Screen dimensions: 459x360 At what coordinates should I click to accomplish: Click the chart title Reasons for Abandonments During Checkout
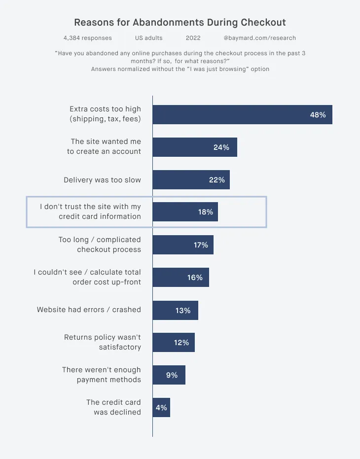180,23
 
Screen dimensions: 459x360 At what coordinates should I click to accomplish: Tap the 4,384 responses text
88,38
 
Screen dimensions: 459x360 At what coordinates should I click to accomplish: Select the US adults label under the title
148,38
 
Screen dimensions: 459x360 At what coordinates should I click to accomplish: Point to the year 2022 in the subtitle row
193,38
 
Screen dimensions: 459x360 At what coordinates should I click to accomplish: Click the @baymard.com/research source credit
259,38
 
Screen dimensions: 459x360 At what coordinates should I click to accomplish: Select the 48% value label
318,115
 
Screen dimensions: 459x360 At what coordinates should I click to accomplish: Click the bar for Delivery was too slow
191,180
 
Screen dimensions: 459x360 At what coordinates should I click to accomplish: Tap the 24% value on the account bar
221,147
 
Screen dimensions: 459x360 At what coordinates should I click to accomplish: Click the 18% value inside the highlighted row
205,212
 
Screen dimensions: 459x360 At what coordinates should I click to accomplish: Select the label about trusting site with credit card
90,212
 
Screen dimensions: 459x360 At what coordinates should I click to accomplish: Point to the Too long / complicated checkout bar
182,245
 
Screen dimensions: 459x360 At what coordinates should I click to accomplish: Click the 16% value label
195,278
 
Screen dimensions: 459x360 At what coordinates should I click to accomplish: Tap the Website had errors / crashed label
89,310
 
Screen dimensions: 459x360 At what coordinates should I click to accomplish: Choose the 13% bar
175,311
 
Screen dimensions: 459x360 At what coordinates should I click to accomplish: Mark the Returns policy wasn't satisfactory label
102,342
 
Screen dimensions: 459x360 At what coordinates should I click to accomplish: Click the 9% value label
172,375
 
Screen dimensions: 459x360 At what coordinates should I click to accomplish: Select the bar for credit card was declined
161,408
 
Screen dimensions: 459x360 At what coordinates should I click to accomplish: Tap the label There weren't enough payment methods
101,375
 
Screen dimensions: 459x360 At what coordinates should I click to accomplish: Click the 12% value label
181,343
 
